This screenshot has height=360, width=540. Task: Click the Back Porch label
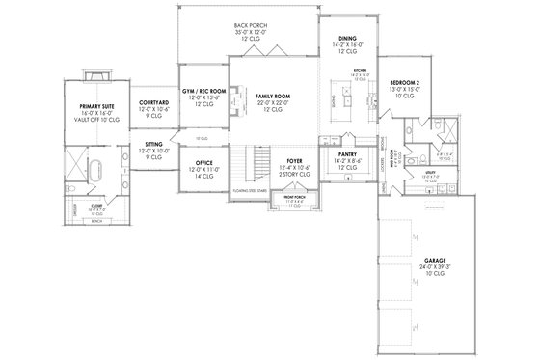coord(250,25)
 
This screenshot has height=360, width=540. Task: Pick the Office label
coord(202,162)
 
